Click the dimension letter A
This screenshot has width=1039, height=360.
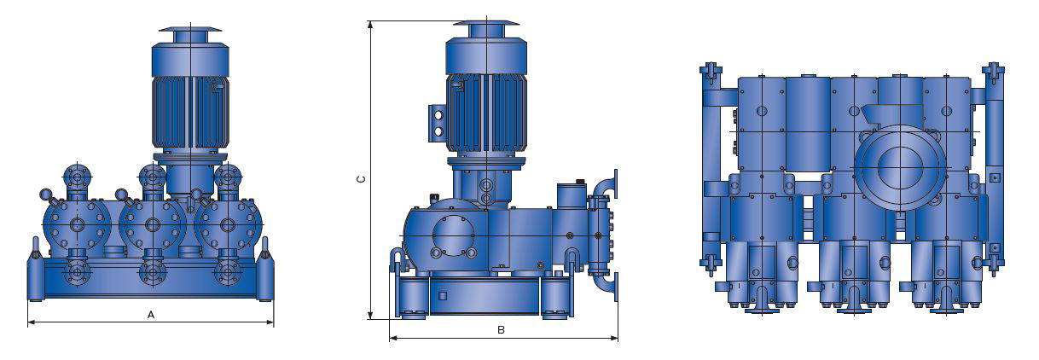151,315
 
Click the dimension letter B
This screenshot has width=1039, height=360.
501,330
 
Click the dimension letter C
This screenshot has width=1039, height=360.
363,179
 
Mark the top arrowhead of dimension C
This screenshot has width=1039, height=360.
370,25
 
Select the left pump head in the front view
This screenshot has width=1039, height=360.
76,225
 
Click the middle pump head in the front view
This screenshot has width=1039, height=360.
153,225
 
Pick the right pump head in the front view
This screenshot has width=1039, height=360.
227,225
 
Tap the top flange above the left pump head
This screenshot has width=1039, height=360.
78,177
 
